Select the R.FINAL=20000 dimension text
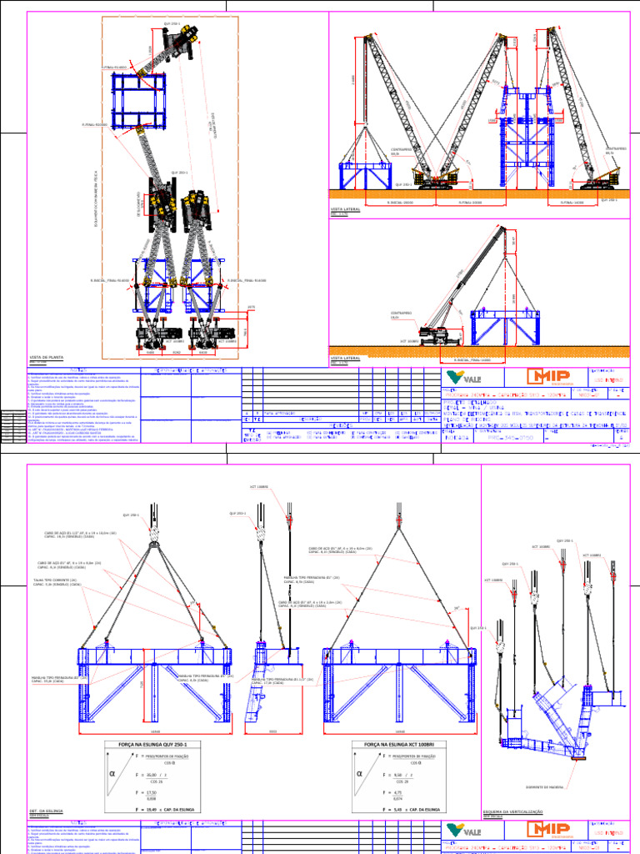472,202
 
